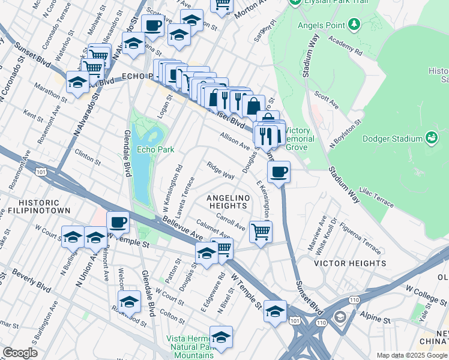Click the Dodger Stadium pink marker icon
click(430, 139)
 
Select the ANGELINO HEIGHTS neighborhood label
click(227, 202)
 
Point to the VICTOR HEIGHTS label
click(351, 263)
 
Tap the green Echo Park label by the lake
click(155, 149)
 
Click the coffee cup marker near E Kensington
click(279, 173)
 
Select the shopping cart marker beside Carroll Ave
click(261, 232)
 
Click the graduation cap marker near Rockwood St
click(129, 302)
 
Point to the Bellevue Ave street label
click(182, 230)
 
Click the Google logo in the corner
click(20, 353)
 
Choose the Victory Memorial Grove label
click(298, 138)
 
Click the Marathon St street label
click(51, 92)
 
